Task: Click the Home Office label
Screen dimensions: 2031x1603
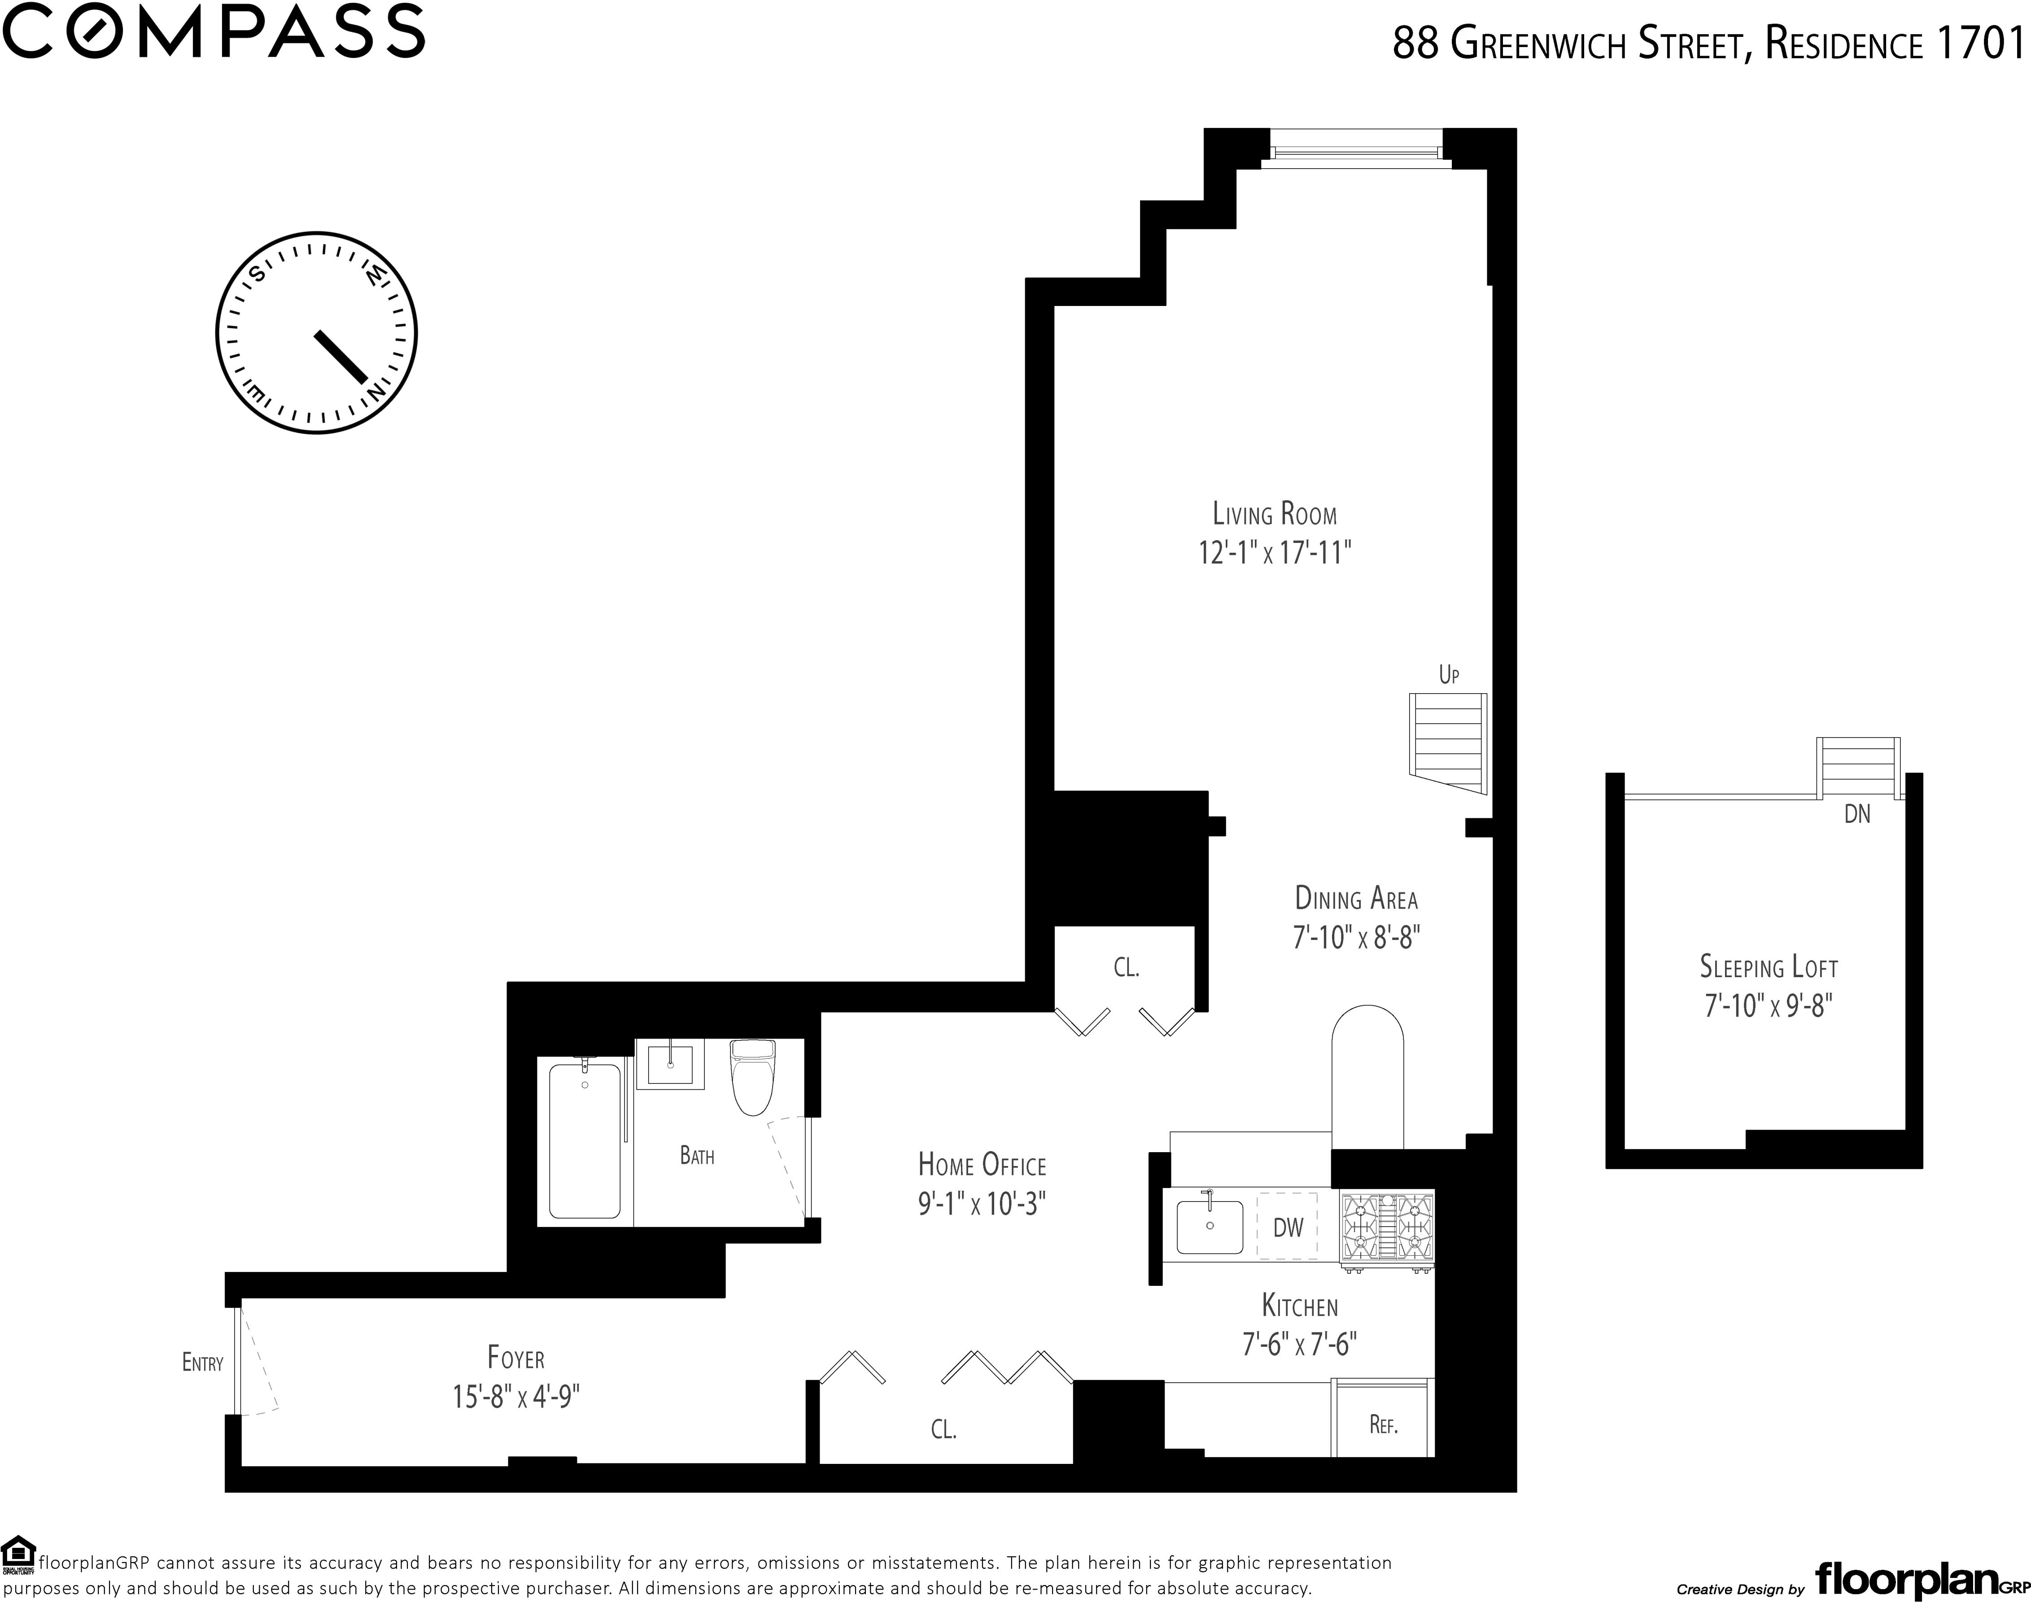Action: (982, 1166)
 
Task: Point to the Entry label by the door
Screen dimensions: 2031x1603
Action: (203, 1363)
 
